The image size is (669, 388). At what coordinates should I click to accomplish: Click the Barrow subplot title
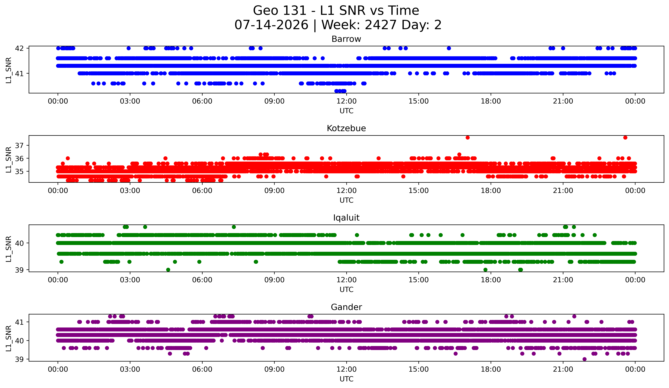click(x=346, y=39)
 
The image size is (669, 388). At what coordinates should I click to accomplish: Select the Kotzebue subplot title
click(x=346, y=128)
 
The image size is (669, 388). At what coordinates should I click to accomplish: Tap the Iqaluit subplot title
click(x=346, y=218)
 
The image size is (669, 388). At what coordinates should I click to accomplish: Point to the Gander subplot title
click(x=346, y=307)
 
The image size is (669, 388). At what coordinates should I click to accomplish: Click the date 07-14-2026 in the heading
click(x=271, y=25)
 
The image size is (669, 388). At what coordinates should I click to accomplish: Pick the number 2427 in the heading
click(x=381, y=25)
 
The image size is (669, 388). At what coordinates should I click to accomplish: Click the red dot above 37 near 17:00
click(x=467, y=137)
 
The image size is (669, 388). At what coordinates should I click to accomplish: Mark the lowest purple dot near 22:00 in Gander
click(x=584, y=359)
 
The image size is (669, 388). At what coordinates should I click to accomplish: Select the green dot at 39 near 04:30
click(x=168, y=270)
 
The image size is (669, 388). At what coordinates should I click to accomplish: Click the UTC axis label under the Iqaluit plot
click(x=346, y=290)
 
